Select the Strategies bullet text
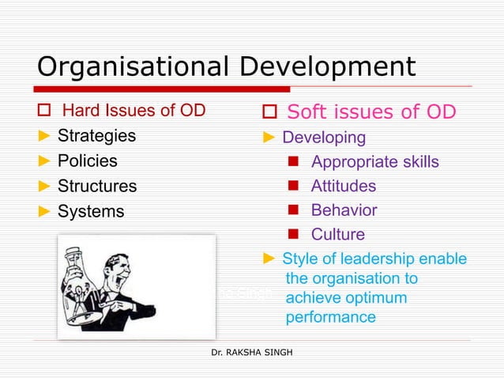coord(96,135)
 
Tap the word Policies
coord(87,161)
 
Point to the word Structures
coord(96,186)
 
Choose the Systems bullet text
coord(91,211)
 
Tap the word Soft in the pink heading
coord(311,112)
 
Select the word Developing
coord(324,138)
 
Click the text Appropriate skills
coord(374,162)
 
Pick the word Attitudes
coord(343,187)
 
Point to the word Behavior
coord(344,210)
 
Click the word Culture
coord(338,234)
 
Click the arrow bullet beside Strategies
coord(44,135)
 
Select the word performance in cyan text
coord(330,317)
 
